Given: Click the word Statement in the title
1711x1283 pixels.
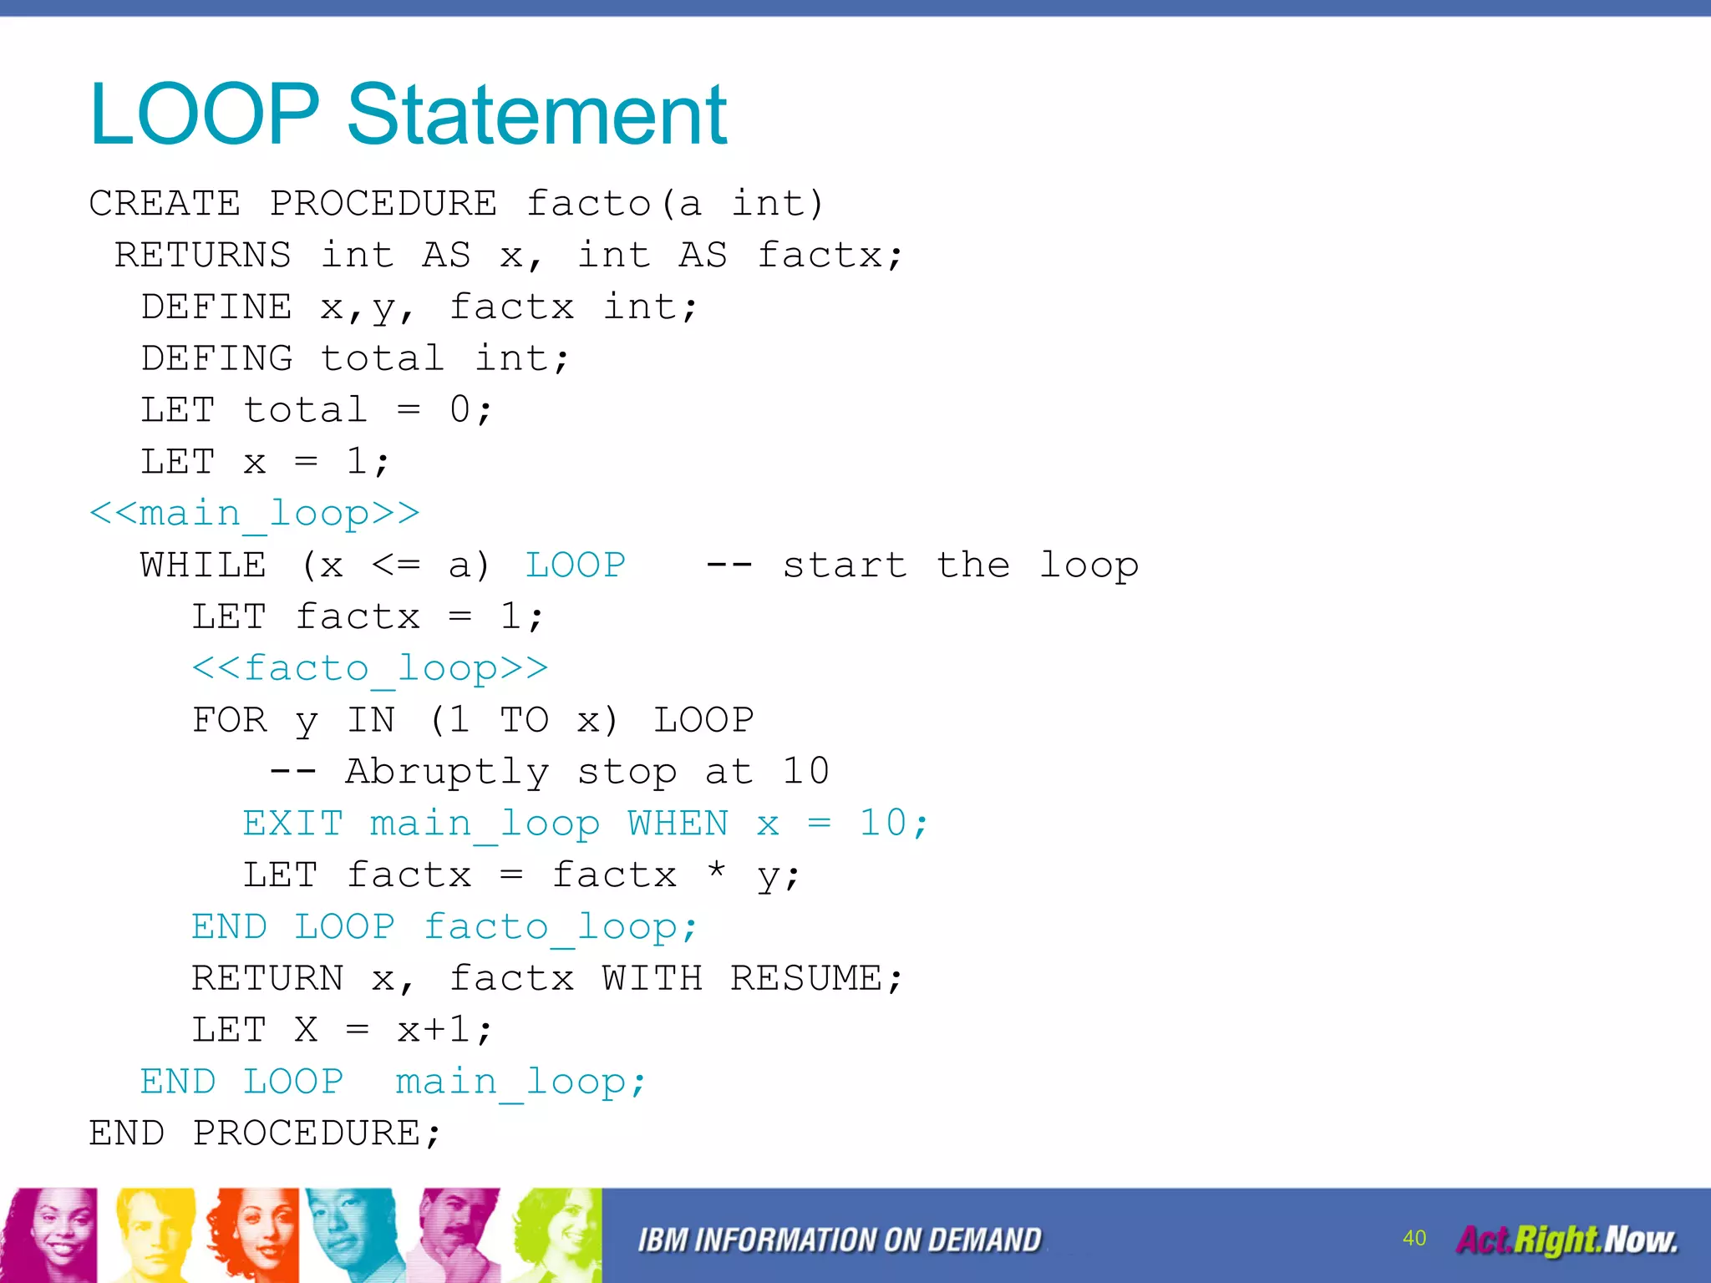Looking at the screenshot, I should click(536, 114).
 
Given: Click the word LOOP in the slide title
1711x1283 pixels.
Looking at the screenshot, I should click(205, 114).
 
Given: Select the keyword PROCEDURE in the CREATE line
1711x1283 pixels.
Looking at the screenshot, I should click(383, 203).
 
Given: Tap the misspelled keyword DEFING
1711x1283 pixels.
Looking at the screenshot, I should click(216, 358).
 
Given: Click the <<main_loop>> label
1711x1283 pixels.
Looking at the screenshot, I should click(254, 513).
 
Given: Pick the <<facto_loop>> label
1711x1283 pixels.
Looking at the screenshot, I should click(369, 668).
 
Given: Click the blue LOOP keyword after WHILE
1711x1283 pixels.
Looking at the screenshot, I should click(575, 565).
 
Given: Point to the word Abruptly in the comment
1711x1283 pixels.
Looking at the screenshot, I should click(447, 772).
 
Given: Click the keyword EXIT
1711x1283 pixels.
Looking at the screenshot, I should click(292, 824).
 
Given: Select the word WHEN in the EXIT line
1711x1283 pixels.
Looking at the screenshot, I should click(678, 824).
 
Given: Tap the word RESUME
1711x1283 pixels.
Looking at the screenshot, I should click(807, 978).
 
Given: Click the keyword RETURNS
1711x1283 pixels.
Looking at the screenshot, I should click(203, 255).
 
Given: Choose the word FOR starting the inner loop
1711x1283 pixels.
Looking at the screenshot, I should click(229, 720).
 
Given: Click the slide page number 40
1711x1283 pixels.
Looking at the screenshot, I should click(1414, 1238).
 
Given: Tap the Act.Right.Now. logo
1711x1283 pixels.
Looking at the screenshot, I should click(1566, 1240).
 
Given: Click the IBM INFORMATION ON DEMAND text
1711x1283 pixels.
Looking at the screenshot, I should click(840, 1240).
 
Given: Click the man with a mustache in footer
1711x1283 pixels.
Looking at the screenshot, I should click(455, 1235).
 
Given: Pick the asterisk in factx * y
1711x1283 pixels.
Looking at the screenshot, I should click(716, 871).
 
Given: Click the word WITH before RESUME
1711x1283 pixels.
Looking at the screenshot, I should click(652, 978).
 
